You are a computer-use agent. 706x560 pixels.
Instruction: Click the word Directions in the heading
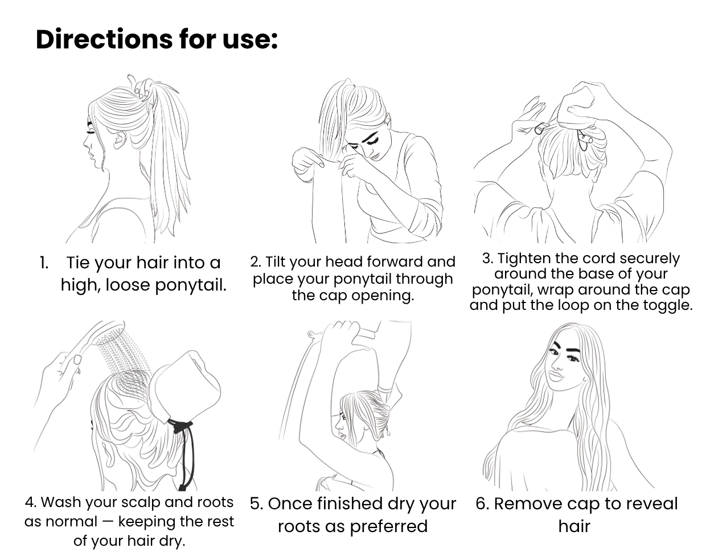point(104,39)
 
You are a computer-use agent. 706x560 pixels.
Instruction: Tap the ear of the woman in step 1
point(120,140)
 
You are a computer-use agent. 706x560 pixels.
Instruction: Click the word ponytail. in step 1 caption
point(190,285)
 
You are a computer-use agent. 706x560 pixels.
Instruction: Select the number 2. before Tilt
point(256,262)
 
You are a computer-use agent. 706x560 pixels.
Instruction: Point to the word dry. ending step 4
point(173,541)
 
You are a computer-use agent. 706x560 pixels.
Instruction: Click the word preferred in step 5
point(388,527)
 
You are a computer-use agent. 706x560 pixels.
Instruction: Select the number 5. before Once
point(256,504)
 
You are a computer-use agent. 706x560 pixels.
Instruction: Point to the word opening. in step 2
point(383,296)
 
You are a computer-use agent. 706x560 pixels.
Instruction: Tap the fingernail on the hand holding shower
point(78,360)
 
